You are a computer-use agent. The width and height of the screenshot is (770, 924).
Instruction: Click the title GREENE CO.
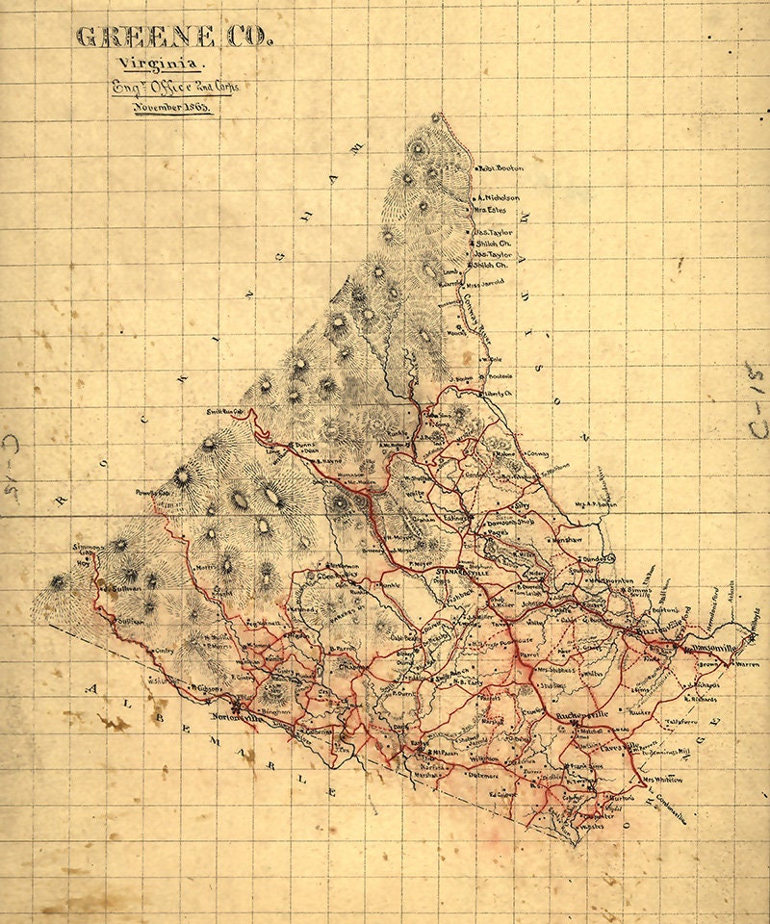173,38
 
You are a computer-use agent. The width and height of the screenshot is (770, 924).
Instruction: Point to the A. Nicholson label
500,198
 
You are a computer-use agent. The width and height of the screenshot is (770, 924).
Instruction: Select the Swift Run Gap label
224,412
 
